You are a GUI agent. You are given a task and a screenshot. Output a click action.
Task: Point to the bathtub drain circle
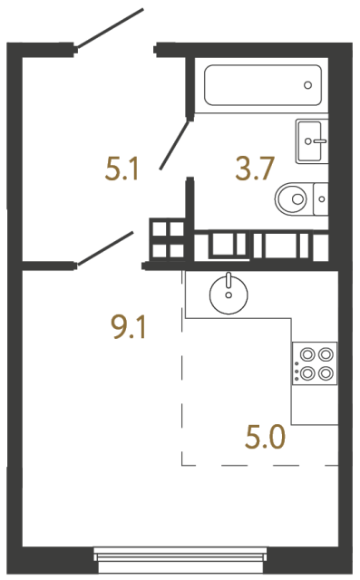click(308, 85)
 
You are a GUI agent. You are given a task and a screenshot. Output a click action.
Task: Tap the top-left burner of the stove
click(306, 354)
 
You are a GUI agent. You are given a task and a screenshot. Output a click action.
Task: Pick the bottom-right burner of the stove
click(323, 372)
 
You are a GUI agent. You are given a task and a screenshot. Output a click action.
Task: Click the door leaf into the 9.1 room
click(106, 249)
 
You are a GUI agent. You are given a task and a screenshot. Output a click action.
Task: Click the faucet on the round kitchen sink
click(228, 281)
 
